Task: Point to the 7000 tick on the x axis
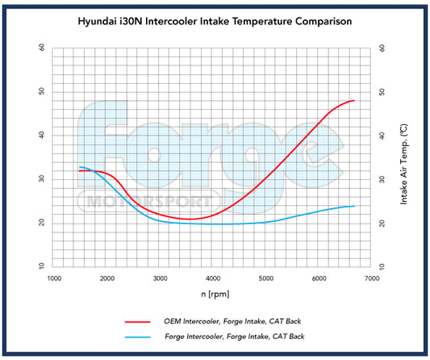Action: pyautogui.click(x=372, y=278)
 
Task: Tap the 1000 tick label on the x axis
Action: pyautogui.click(x=54, y=278)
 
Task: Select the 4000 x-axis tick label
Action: pyautogui.click(x=213, y=278)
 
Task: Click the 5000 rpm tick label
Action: pyautogui.click(x=266, y=278)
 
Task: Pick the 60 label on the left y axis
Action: pyautogui.click(x=41, y=47)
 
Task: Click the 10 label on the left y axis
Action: pyautogui.click(x=41, y=266)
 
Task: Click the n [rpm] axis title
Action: pyautogui.click(x=213, y=293)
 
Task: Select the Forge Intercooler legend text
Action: pyautogui.click(x=235, y=335)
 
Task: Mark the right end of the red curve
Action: pyautogui.click(x=354, y=100)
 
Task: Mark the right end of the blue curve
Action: pyautogui.click(x=354, y=206)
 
